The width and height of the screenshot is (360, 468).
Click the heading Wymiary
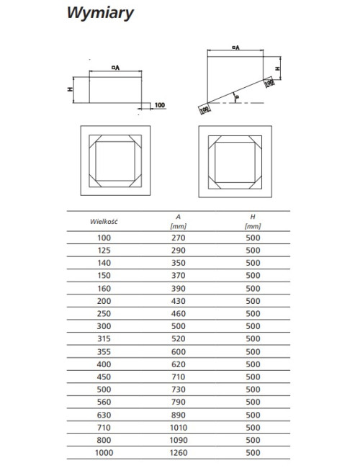(x=100, y=13)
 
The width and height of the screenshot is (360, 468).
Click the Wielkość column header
(x=104, y=222)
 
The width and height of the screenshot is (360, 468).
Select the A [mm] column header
(x=179, y=222)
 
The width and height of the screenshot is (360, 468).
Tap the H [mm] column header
(x=253, y=222)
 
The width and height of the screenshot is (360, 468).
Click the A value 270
(x=179, y=238)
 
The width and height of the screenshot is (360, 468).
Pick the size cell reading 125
(x=104, y=251)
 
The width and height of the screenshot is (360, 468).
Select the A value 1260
(x=179, y=453)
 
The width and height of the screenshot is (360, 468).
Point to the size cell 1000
(x=104, y=453)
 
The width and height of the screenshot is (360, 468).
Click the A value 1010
(x=179, y=428)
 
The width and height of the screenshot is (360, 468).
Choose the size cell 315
(x=104, y=339)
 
